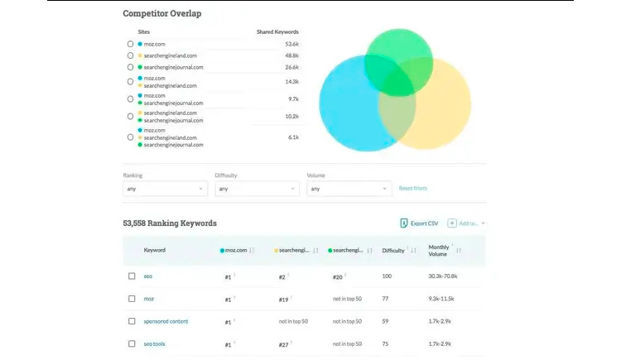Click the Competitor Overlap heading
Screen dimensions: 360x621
coord(161,13)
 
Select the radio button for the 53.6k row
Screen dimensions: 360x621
coord(131,43)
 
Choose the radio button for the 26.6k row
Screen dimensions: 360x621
coord(131,67)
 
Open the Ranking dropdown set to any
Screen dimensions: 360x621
coord(165,189)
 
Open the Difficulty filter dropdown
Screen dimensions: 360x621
coord(256,189)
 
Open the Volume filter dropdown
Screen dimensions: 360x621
coord(348,189)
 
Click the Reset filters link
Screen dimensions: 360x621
coord(413,189)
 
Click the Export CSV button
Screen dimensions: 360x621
coord(420,223)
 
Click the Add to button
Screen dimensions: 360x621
coord(466,223)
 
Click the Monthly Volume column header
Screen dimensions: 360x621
coord(439,250)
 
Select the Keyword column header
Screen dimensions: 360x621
coord(155,250)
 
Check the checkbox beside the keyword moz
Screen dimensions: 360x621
coord(132,299)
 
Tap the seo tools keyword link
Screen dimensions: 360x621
coord(155,343)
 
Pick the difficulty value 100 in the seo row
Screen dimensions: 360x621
coord(387,276)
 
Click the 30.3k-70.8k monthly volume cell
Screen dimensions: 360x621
coord(447,276)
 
